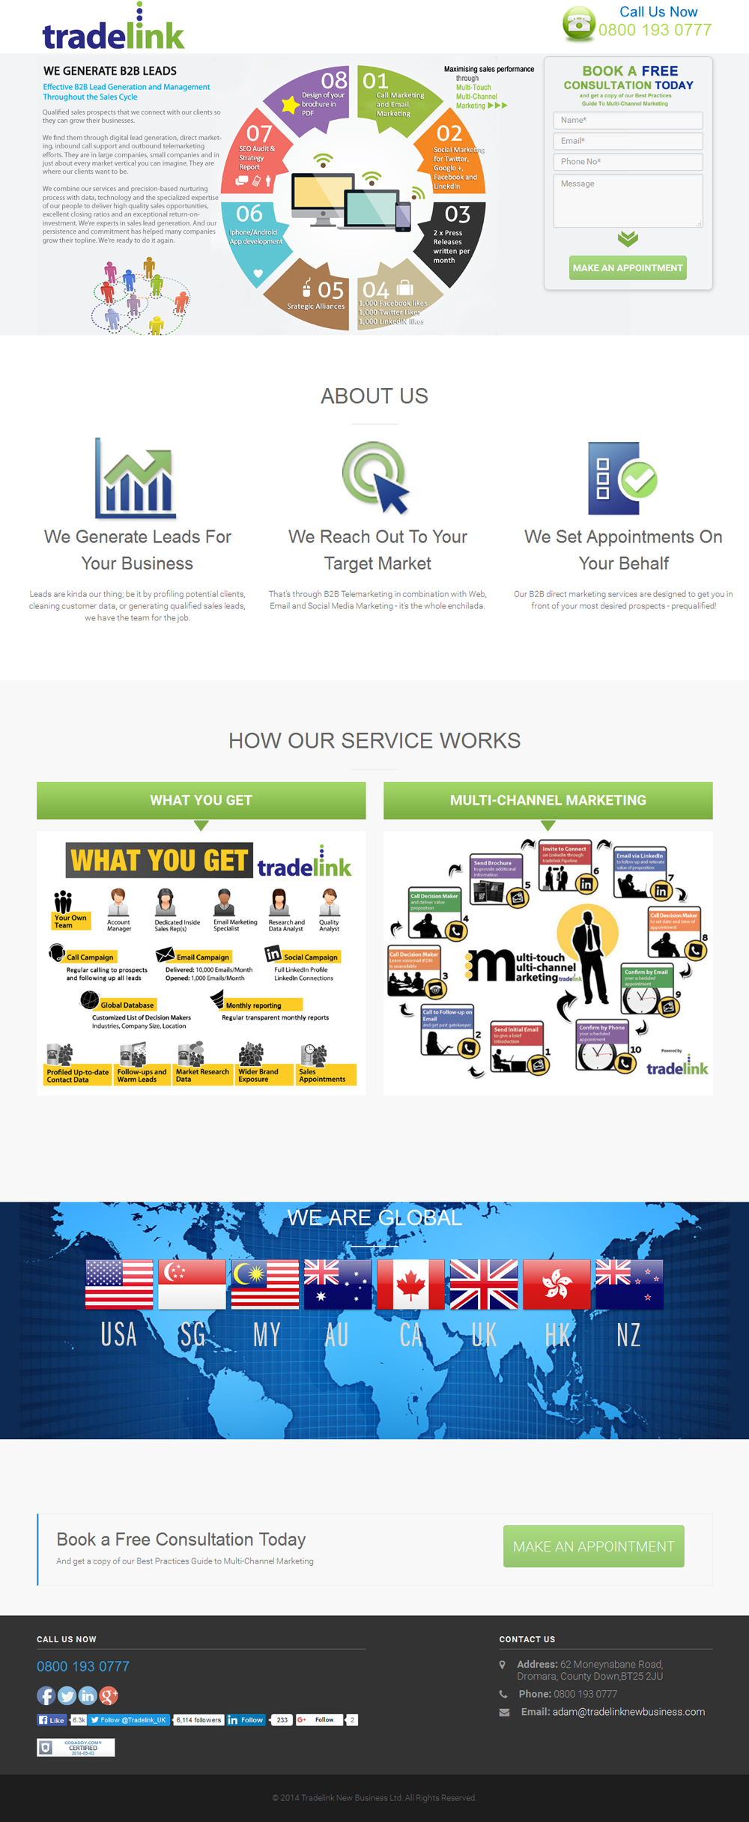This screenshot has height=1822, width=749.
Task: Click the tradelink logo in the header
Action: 113,30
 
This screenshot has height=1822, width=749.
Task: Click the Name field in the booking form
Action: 628,120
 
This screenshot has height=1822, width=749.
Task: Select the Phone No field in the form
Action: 628,162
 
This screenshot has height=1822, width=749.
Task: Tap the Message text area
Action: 628,201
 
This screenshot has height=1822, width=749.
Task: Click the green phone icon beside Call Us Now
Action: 579,23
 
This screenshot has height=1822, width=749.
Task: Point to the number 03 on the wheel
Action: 457,214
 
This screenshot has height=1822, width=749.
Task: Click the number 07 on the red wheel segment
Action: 259,133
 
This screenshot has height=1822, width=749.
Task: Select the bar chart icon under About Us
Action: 136,479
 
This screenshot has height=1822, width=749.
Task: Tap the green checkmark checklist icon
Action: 622,479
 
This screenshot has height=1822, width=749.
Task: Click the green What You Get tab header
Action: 201,800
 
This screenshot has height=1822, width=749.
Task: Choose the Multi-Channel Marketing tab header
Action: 548,800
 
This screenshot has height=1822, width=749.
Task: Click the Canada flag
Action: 410,1284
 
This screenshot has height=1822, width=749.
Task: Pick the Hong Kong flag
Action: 557,1284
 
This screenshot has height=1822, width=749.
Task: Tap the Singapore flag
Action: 192,1284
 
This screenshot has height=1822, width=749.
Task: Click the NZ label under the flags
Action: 628,1335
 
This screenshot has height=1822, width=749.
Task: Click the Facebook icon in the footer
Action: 46,1695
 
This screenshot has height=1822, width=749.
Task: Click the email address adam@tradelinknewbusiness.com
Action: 628,1712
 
